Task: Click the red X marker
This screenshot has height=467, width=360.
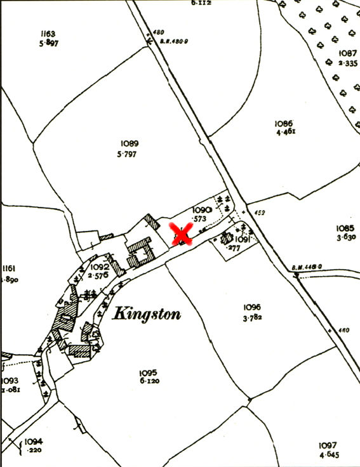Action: tap(182, 235)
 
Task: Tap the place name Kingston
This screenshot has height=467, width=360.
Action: tap(147, 314)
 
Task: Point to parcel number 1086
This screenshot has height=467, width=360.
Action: tap(283, 124)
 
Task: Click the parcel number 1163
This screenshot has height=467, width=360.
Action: tap(47, 34)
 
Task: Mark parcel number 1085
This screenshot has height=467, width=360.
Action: tap(345, 228)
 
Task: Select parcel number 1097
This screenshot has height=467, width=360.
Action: tap(328, 445)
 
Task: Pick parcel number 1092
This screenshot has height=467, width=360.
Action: tap(99, 267)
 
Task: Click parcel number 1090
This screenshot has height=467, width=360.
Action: tap(201, 210)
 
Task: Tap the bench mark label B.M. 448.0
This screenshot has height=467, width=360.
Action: tap(307, 267)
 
